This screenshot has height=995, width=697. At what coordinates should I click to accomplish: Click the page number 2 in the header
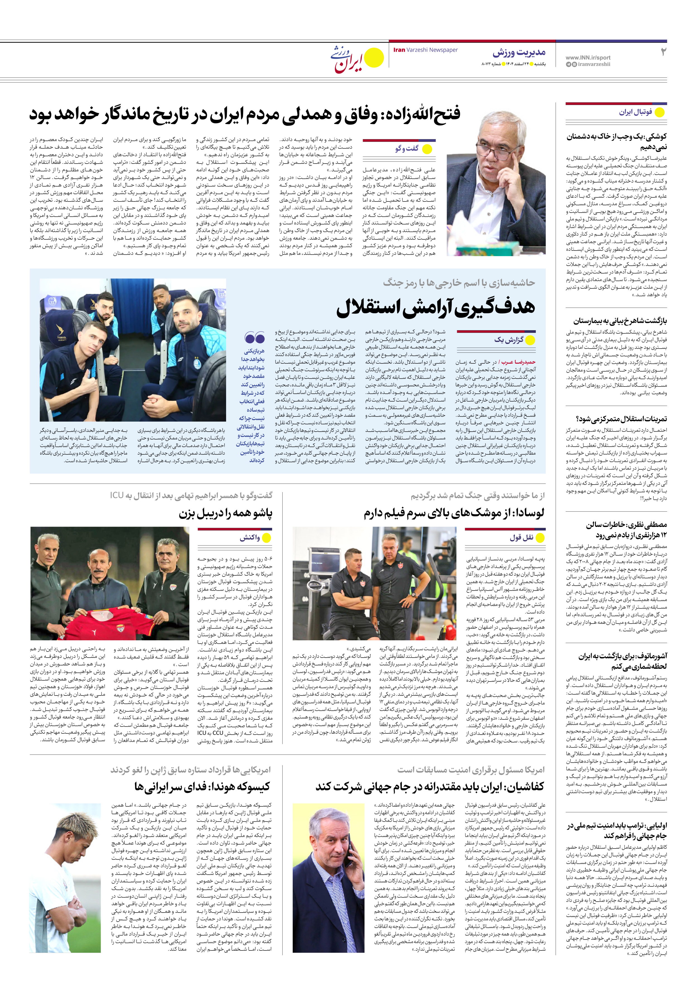click(663, 52)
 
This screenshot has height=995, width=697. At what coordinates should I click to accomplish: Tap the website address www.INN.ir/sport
click(588, 57)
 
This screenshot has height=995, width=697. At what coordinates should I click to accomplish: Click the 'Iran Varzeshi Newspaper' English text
click(425, 50)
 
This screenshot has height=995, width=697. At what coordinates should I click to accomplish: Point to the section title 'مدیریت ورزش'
click(519, 53)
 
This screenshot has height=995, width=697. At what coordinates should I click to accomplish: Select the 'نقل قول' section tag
click(521, 538)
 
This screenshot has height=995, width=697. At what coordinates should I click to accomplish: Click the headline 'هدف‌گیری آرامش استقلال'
click(435, 307)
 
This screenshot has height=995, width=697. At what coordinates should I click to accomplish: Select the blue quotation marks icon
click(255, 337)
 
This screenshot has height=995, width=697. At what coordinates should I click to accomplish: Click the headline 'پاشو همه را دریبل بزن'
click(226, 514)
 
